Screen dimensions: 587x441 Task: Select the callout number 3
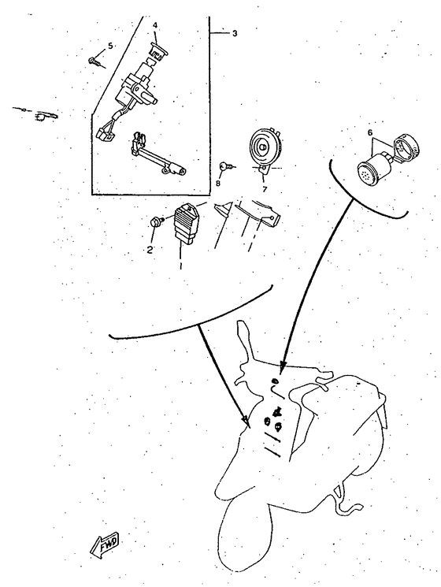pyautogui.click(x=233, y=33)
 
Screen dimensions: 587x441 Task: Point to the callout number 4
pyautogui.click(x=155, y=25)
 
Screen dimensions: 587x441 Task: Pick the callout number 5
pyautogui.click(x=110, y=46)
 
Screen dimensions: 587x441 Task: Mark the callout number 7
pyautogui.click(x=265, y=189)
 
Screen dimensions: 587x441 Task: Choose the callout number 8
pyautogui.click(x=218, y=183)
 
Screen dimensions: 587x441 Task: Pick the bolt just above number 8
pyautogui.click(x=225, y=165)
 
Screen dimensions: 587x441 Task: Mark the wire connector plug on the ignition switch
pyautogui.click(x=102, y=134)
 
